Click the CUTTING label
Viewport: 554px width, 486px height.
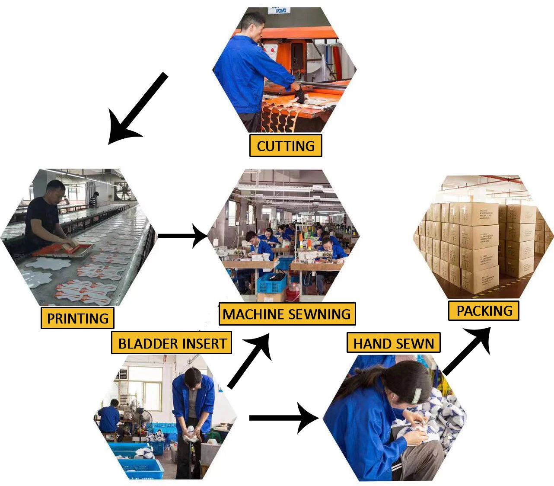tap(286, 146)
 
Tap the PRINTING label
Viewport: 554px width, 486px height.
tap(77, 318)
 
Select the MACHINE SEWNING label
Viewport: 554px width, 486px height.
tap(287, 314)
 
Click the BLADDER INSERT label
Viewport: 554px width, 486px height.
tap(172, 343)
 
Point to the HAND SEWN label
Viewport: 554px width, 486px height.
tap(393, 343)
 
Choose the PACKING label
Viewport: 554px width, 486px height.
tap(484, 310)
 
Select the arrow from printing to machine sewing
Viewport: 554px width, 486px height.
tap(181, 236)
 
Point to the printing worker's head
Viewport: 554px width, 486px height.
tap(56, 190)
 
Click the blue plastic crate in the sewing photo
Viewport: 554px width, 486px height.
tap(272, 283)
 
